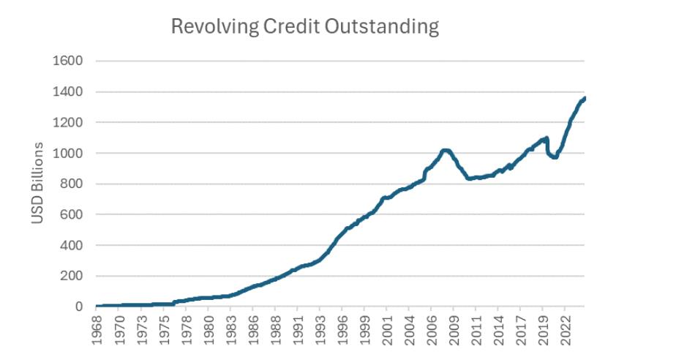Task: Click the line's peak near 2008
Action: (x=446, y=151)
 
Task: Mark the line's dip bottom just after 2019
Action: (x=555, y=157)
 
